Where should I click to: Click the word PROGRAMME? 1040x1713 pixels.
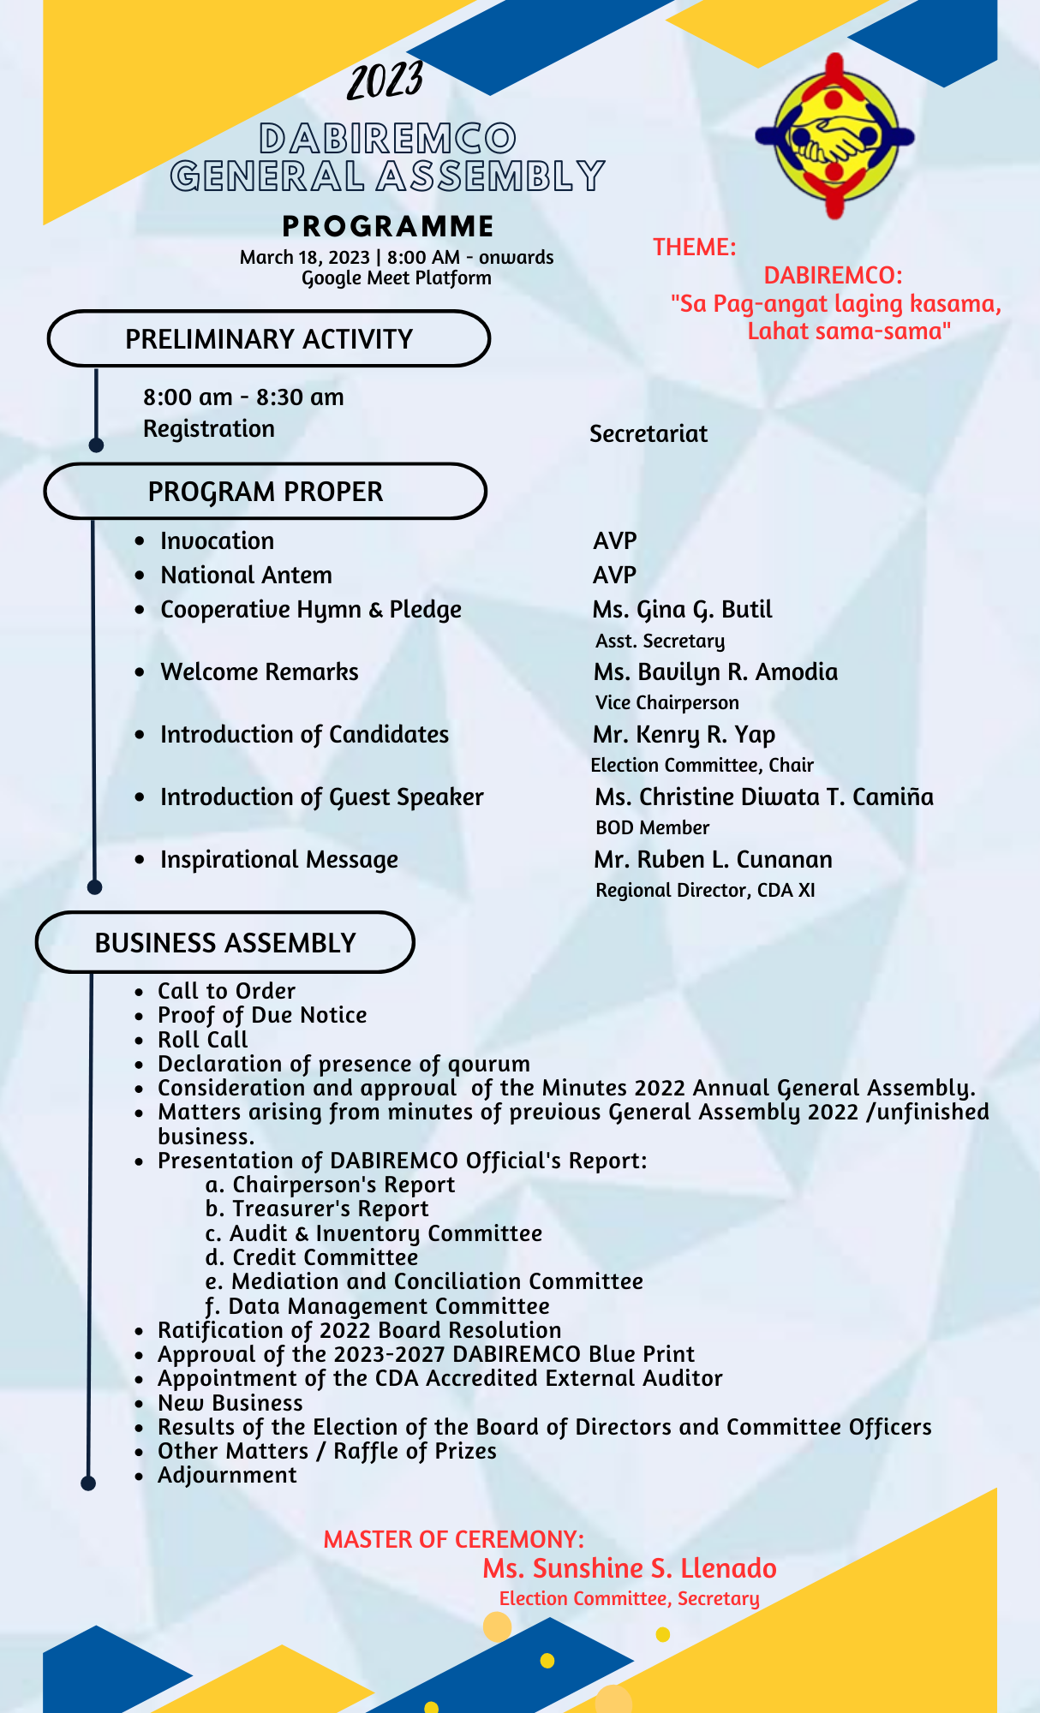pyautogui.click(x=388, y=226)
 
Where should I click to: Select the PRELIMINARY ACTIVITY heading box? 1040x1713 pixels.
pyautogui.click(x=269, y=339)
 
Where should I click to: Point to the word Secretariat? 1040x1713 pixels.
pyautogui.click(x=649, y=434)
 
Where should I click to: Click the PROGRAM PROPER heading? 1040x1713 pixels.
pyautogui.click(x=266, y=492)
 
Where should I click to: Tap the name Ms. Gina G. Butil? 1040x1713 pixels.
pyautogui.click(x=682, y=610)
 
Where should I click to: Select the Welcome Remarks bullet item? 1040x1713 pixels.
pyautogui.click(x=260, y=672)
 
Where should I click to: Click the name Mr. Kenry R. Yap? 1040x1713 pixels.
pyautogui.click(x=684, y=735)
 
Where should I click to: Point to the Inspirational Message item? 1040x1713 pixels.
pyautogui.click(x=279, y=860)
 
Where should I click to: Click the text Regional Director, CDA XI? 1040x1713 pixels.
pyautogui.click(x=705, y=891)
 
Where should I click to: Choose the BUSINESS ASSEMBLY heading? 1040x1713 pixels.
pyautogui.click(x=225, y=943)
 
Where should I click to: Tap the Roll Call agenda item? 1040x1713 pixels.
pyautogui.click(x=203, y=1040)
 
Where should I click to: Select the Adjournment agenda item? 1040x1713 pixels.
pyautogui.click(x=227, y=1475)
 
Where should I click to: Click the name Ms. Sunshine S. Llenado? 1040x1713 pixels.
pyautogui.click(x=630, y=1568)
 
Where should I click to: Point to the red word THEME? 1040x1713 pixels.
pyautogui.click(x=694, y=248)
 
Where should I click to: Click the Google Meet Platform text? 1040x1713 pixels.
pyautogui.click(x=397, y=278)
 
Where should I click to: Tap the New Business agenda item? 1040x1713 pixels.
pyautogui.click(x=230, y=1403)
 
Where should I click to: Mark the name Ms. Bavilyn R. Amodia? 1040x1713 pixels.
pyautogui.click(x=715, y=672)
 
